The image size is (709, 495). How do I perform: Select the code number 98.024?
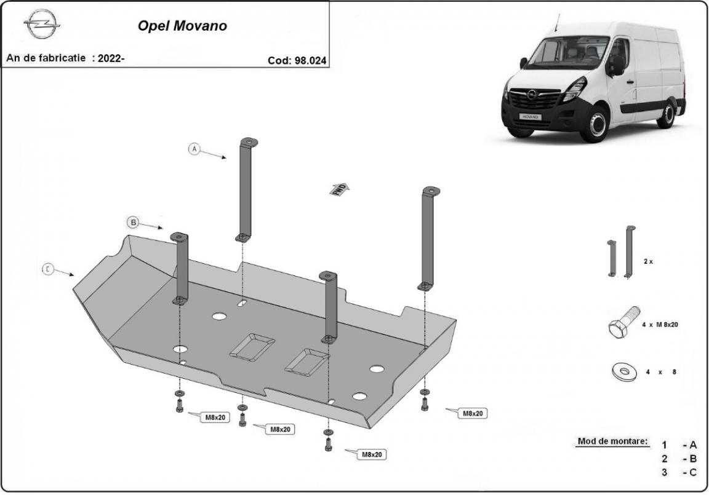click(x=311, y=60)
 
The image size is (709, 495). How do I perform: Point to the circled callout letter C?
click(x=47, y=269)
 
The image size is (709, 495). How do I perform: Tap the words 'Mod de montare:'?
click(x=613, y=442)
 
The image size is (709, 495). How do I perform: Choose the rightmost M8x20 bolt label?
click(x=472, y=413)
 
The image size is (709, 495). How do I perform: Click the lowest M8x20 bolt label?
click(x=372, y=454)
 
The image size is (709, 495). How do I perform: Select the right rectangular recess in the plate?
click(x=305, y=360)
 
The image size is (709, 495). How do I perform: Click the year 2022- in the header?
click(x=111, y=59)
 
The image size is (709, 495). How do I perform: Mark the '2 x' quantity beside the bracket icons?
click(x=647, y=261)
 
